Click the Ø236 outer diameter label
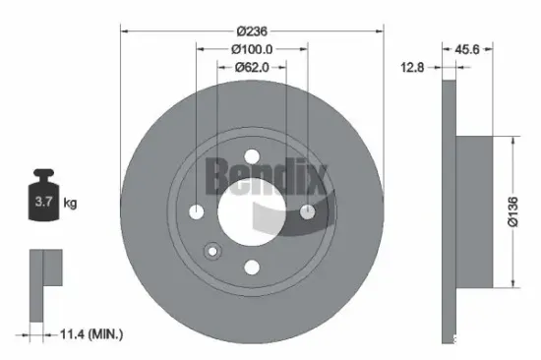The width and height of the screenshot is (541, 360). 250,30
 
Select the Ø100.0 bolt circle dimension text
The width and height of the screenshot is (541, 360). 251,49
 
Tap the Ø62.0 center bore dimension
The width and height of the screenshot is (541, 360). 251,68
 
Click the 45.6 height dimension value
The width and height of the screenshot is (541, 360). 467,47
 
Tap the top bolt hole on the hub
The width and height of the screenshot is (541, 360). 251,155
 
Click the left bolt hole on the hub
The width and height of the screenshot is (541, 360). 196,211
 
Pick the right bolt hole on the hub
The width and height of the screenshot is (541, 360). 307,211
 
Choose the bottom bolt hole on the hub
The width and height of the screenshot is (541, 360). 251,267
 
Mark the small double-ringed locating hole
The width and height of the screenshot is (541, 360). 210,250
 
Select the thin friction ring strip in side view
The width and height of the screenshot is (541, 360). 449,211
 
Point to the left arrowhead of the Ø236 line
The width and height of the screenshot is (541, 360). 124,30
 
